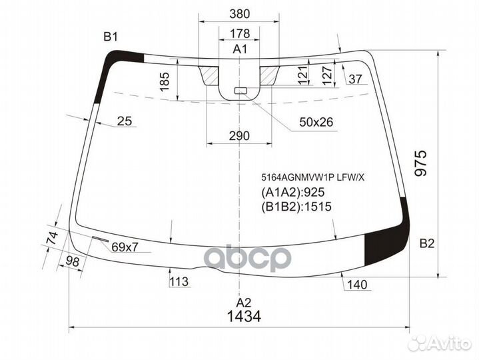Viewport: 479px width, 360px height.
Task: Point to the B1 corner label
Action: pos(110,37)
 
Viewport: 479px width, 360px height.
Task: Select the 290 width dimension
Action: pos(239,136)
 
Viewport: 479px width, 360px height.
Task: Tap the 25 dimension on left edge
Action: pos(124,121)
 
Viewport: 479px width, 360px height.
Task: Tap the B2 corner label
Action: pos(426,244)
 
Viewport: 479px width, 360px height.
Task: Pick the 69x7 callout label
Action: pos(125,247)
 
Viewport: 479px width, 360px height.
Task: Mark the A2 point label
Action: pos(240,301)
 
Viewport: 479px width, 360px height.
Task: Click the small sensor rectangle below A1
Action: pos(240,91)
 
